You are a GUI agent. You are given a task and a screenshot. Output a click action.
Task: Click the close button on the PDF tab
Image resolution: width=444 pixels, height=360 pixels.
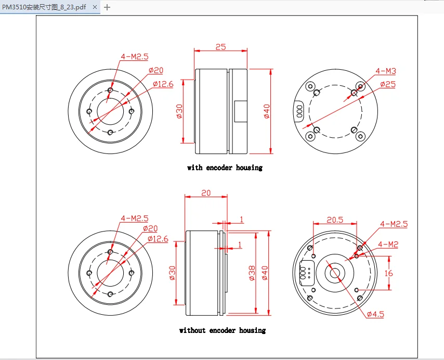click(x=95, y=7)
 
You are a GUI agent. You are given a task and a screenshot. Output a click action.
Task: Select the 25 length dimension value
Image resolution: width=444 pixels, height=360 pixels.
click(x=220, y=47)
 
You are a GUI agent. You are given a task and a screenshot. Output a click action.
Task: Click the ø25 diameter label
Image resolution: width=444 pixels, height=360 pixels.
click(x=388, y=84)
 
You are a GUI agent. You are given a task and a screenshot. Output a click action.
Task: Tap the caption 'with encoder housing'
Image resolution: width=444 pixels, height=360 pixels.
click(x=225, y=168)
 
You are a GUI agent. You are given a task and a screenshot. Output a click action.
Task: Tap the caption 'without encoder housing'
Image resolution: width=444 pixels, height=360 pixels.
click(x=222, y=330)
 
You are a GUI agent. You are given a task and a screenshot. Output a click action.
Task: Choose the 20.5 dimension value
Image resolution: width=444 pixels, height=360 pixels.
click(x=335, y=219)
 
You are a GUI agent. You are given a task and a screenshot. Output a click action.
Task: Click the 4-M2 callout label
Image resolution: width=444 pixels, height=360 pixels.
click(x=388, y=244)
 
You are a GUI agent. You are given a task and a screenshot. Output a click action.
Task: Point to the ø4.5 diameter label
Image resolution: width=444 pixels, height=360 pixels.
click(x=375, y=314)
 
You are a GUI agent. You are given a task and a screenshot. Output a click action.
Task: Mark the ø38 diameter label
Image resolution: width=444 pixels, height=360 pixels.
click(x=252, y=273)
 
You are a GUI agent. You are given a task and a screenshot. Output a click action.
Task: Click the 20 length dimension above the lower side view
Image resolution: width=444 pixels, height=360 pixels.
click(x=206, y=192)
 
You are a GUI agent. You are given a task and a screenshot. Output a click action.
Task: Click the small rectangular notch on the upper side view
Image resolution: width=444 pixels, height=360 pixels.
click(x=241, y=111)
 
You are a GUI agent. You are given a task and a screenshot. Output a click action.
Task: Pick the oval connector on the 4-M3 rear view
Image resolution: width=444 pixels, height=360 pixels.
click(x=299, y=110)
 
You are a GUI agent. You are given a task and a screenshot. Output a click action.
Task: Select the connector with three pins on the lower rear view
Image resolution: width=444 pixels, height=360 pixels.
click(x=303, y=273)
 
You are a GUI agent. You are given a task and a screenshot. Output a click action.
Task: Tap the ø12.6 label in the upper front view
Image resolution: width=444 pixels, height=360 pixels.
click(x=163, y=84)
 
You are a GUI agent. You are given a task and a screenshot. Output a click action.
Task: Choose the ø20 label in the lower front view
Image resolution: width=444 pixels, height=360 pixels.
click(x=150, y=228)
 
